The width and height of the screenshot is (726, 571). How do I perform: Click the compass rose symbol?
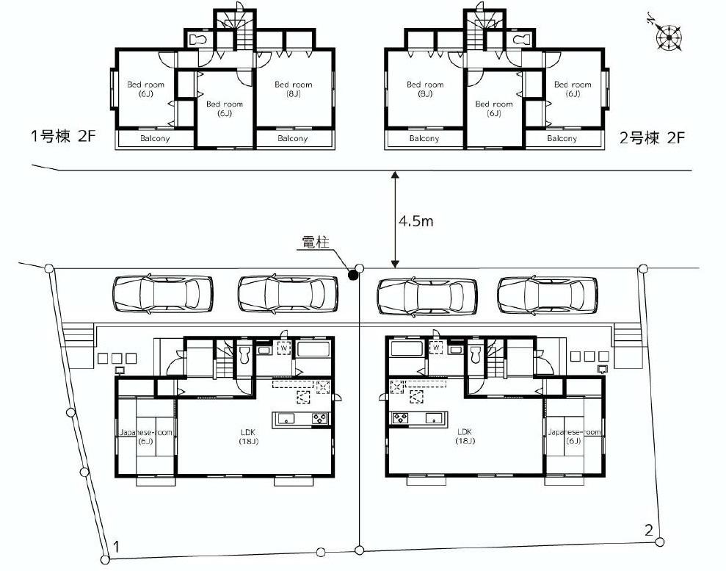tap(669, 37)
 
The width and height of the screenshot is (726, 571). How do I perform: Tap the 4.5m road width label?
tap(416, 221)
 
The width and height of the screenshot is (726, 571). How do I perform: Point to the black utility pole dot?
tap(353, 276)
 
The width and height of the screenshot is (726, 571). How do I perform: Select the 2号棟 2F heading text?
tap(652, 138)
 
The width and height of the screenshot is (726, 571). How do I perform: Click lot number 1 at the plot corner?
tap(115, 546)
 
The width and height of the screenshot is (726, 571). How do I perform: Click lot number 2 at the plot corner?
tap(648, 529)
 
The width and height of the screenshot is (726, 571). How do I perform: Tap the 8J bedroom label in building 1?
tap(293, 89)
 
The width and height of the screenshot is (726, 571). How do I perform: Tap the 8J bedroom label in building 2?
tap(425, 89)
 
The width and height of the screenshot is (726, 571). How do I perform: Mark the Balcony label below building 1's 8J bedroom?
tap(292, 139)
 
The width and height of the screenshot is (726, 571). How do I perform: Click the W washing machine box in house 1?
tap(284, 347)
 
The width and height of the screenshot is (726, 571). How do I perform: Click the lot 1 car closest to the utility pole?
tap(288, 294)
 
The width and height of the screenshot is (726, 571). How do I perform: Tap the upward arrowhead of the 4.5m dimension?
tap(395, 176)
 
